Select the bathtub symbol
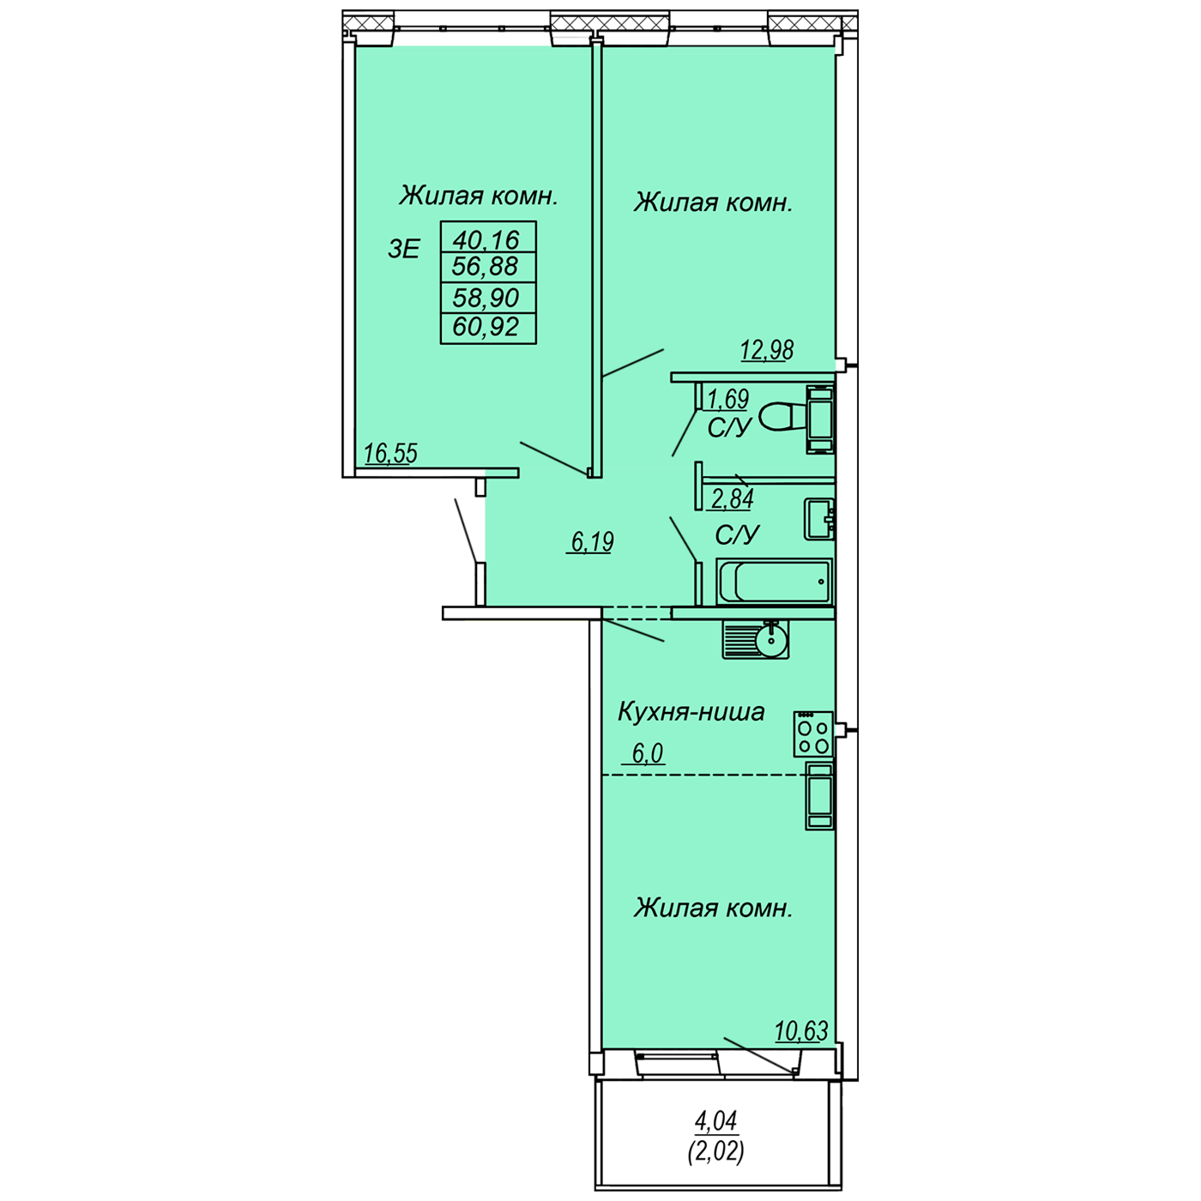pyautogui.click(x=775, y=582)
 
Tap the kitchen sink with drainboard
pyautogui.click(x=756, y=639)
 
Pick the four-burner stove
pyautogui.click(x=813, y=733)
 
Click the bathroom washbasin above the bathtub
pyautogui.click(x=819, y=518)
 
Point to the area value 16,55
pyautogui.click(x=391, y=453)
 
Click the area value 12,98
pyautogui.click(x=767, y=350)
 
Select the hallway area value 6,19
pyautogui.click(x=593, y=541)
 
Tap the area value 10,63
pyautogui.click(x=801, y=1031)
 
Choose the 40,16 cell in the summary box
pyautogui.click(x=486, y=238)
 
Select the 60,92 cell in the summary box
pyautogui.click(x=486, y=327)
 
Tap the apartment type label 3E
pyautogui.click(x=404, y=250)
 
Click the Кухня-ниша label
pyautogui.click(x=691, y=712)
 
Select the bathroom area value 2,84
pyautogui.click(x=733, y=498)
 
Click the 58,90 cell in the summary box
pyautogui.click(x=486, y=298)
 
